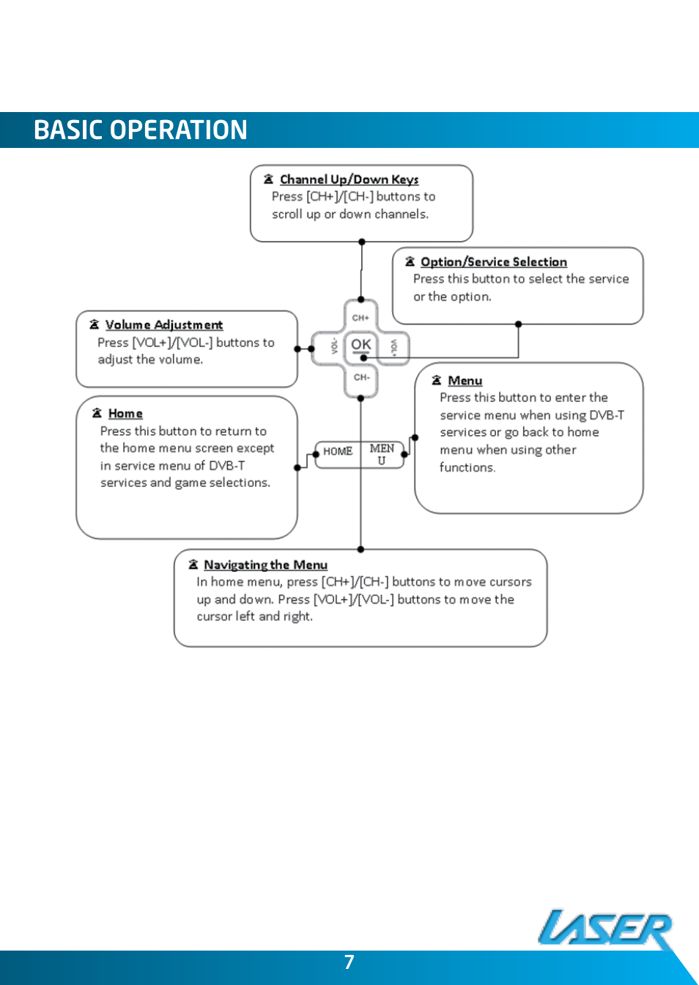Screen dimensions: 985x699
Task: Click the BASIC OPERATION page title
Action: point(140,130)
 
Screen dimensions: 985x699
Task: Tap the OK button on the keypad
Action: point(361,345)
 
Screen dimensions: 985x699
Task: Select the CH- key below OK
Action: point(361,378)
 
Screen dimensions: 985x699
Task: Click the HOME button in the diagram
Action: point(338,452)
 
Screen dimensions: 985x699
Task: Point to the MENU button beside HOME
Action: point(382,454)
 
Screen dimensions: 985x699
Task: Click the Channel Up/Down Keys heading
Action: point(349,179)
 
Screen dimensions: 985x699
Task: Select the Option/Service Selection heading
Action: point(493,262)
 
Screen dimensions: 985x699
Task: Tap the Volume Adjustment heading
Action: point(163,325)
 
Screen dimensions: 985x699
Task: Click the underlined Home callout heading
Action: point(125,414)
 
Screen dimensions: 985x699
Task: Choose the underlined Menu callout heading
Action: point(465,381)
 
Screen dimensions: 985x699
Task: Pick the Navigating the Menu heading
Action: point(265,565)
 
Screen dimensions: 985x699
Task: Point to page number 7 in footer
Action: point(349,962)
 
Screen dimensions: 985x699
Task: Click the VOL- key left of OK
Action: point(333,346)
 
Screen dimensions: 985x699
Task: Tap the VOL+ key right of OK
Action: point(394,347)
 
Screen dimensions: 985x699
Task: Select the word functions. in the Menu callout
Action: point(467,467)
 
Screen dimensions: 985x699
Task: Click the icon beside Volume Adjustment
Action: point(95,324)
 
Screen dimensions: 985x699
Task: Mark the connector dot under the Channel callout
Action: point(362,242)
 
